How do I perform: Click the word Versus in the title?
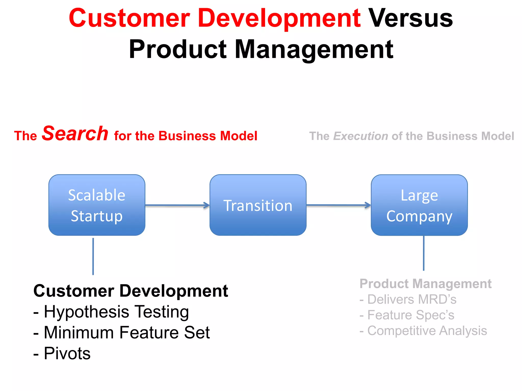[411, 18]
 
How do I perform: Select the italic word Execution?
[361, 136]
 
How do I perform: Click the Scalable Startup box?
[97, 205]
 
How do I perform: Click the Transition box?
[258, 205]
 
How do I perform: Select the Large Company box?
[419, 205]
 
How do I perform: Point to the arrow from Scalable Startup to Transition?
[177, 205]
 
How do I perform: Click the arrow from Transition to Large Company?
[338, 205]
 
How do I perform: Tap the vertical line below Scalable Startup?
[93, 256]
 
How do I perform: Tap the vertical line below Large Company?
[424, 253]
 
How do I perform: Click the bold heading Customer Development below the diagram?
[130, 291]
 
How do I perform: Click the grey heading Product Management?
[425, 284]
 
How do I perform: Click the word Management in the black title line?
[314, 49]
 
